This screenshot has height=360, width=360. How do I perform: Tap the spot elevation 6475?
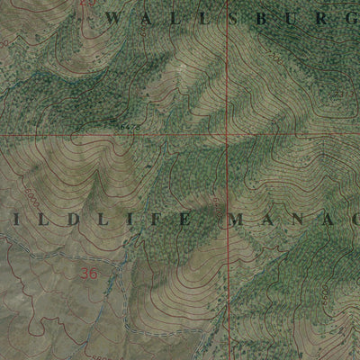[126, 129]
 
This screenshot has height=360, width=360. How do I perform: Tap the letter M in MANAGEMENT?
[239, 219]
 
